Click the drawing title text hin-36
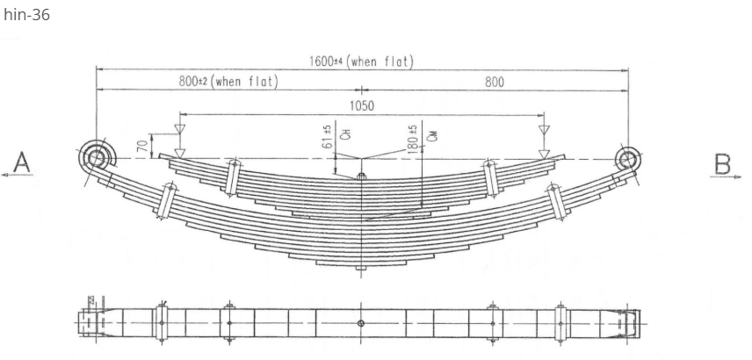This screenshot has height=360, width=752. (x=26, y=15)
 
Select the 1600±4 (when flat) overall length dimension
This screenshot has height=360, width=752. (x=361, y=61)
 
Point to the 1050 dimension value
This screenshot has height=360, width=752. (x=361, y=106)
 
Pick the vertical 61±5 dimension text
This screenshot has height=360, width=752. (x=328, y=136)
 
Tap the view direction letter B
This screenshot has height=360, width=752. (x=722, y=163)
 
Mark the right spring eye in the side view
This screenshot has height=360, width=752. (x=627, y=159)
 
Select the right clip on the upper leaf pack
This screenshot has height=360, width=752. (x=491, y=177)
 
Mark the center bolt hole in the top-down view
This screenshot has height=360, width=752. (x=361, y=323)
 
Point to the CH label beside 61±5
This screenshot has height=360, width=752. (x=345, y=135)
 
